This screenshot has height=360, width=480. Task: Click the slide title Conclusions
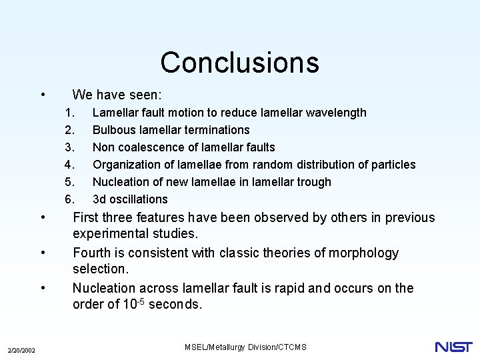[239, 63]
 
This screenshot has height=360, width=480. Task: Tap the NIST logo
[453, 347]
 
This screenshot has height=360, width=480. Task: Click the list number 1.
[69, 113]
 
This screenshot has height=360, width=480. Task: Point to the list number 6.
[69, 199]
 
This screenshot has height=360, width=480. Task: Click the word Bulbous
[114, 130]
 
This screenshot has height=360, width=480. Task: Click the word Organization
[123, 165]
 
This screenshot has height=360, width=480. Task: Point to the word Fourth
[93, 253]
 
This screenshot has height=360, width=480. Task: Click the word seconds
[177, 305]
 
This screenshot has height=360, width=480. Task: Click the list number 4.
[69, 165]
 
